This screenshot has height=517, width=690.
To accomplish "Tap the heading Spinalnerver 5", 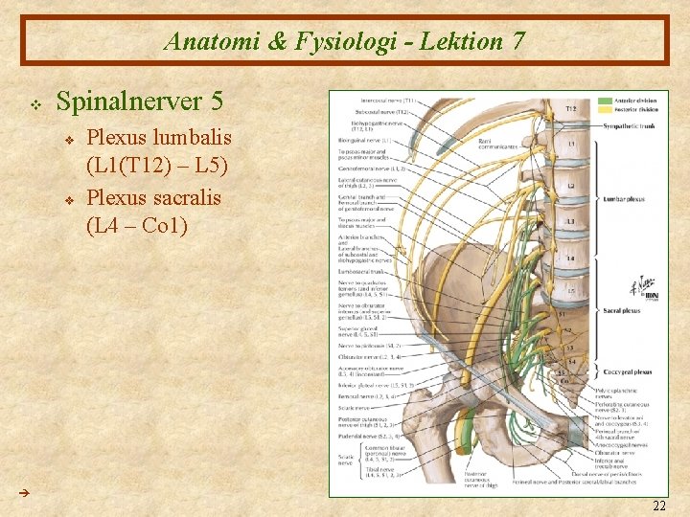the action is click(x=140, y=101).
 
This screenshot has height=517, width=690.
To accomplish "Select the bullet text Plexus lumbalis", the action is click(x=159, y=137).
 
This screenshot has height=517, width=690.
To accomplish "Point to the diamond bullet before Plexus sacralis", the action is click(x=71, y=199).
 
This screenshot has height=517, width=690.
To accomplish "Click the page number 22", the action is click(x=658, y=505).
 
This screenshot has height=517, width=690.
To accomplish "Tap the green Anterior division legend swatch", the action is click(x=606, y=100).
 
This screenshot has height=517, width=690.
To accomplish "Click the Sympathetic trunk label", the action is click(x=627, y=125).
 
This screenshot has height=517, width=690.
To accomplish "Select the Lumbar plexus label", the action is click(x=623, y=200).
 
